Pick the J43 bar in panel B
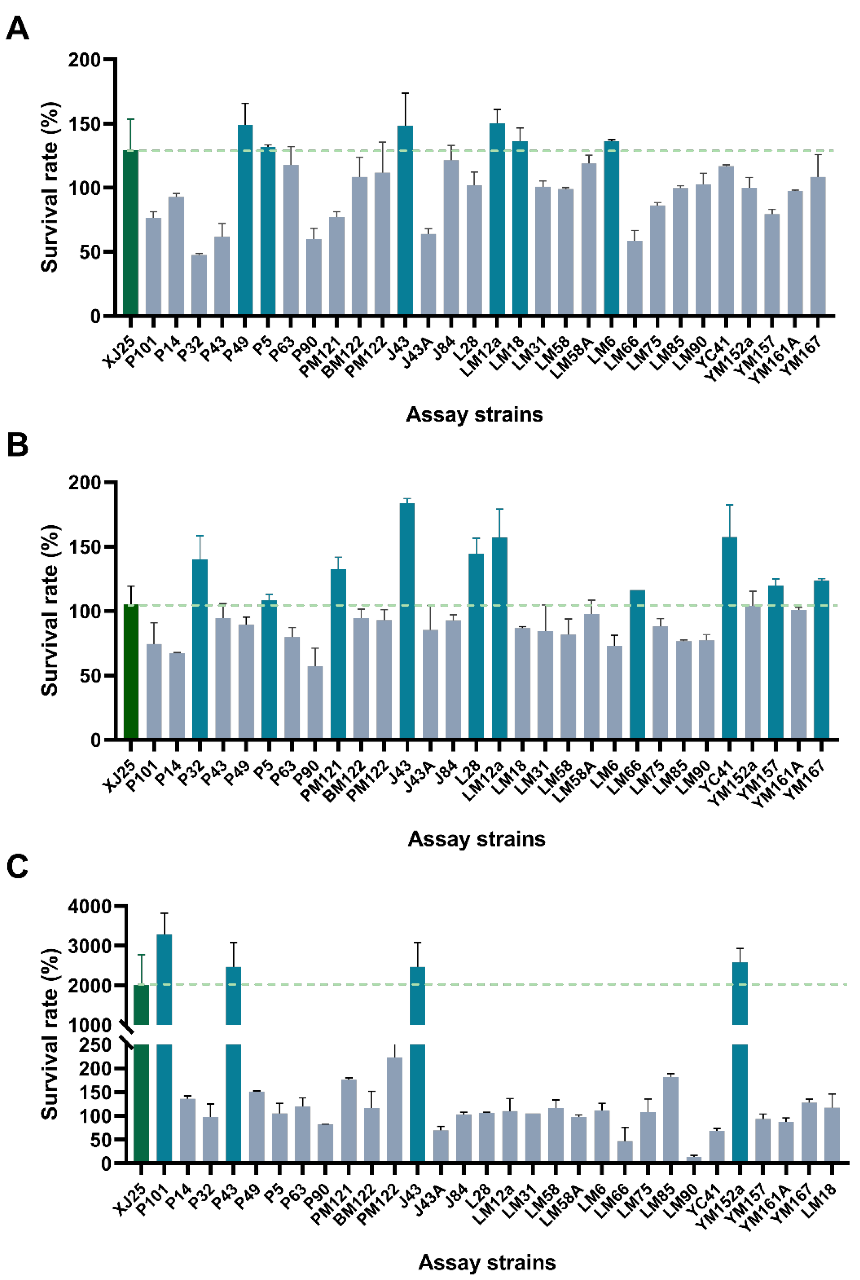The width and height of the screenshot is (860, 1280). [407, 620]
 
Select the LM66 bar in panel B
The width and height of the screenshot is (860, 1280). [637, 664]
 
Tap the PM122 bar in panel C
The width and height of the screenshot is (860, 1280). [394, 1108]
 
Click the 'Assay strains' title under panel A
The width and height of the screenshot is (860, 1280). [474, 414]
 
